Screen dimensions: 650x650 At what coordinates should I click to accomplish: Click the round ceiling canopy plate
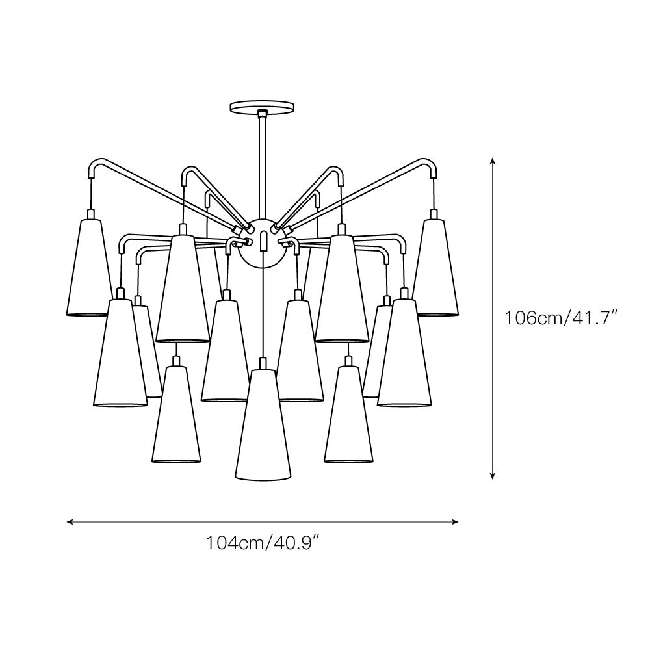pos(262,107)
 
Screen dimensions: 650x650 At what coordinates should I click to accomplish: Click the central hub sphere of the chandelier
pos(262,243)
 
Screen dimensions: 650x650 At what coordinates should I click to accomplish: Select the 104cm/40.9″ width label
pos(263,542)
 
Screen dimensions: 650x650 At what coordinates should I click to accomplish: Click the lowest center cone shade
pos(263,425)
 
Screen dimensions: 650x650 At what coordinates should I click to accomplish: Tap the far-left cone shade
pos(90,267)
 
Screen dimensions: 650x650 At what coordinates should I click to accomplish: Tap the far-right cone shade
pos(435,267)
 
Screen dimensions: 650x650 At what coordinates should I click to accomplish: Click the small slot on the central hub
pos(263,241)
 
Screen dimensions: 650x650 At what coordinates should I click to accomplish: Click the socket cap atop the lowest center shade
pos(263,364)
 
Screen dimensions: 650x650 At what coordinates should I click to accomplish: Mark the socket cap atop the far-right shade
pos(434,214)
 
